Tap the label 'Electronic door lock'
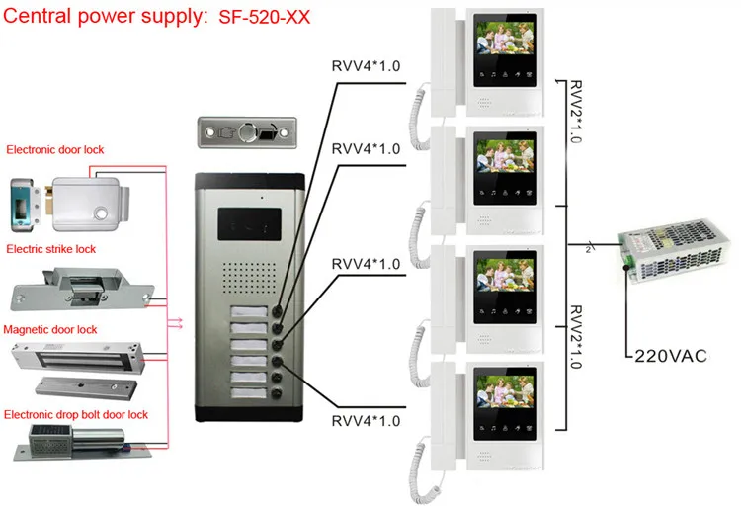(x=55, y=150)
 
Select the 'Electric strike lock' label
(x=50, y=249)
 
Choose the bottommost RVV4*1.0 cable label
(x=366, y=422)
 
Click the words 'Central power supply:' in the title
(x=104, y=17)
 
